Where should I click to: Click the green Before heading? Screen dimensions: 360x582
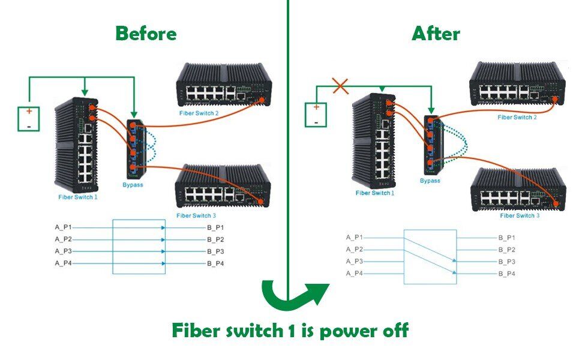(x=146, y=34)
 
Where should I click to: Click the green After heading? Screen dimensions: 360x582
(x=436, y=34)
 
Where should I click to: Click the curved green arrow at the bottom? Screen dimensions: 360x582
(x=295, y=295)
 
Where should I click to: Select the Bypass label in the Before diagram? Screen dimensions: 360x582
(x=133, y=185)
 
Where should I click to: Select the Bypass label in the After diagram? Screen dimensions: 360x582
(x=430, y=181)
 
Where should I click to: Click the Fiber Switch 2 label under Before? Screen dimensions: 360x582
(x=199, y=113)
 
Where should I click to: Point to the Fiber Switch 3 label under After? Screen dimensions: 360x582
(x=520, y=215)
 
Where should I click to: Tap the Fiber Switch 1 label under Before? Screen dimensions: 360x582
(x=77, y=197)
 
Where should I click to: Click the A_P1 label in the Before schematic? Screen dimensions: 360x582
(x=63, y=227)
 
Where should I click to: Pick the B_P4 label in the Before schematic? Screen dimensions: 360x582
(x=215, y=263)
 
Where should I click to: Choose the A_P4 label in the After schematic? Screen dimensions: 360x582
(x=354, y=274)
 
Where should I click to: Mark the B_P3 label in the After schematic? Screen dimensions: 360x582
(x=507, y=262)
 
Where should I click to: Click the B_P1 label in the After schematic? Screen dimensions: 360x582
(x=507, y=238)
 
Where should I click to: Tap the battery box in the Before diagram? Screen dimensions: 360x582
(x=29, y=119)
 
